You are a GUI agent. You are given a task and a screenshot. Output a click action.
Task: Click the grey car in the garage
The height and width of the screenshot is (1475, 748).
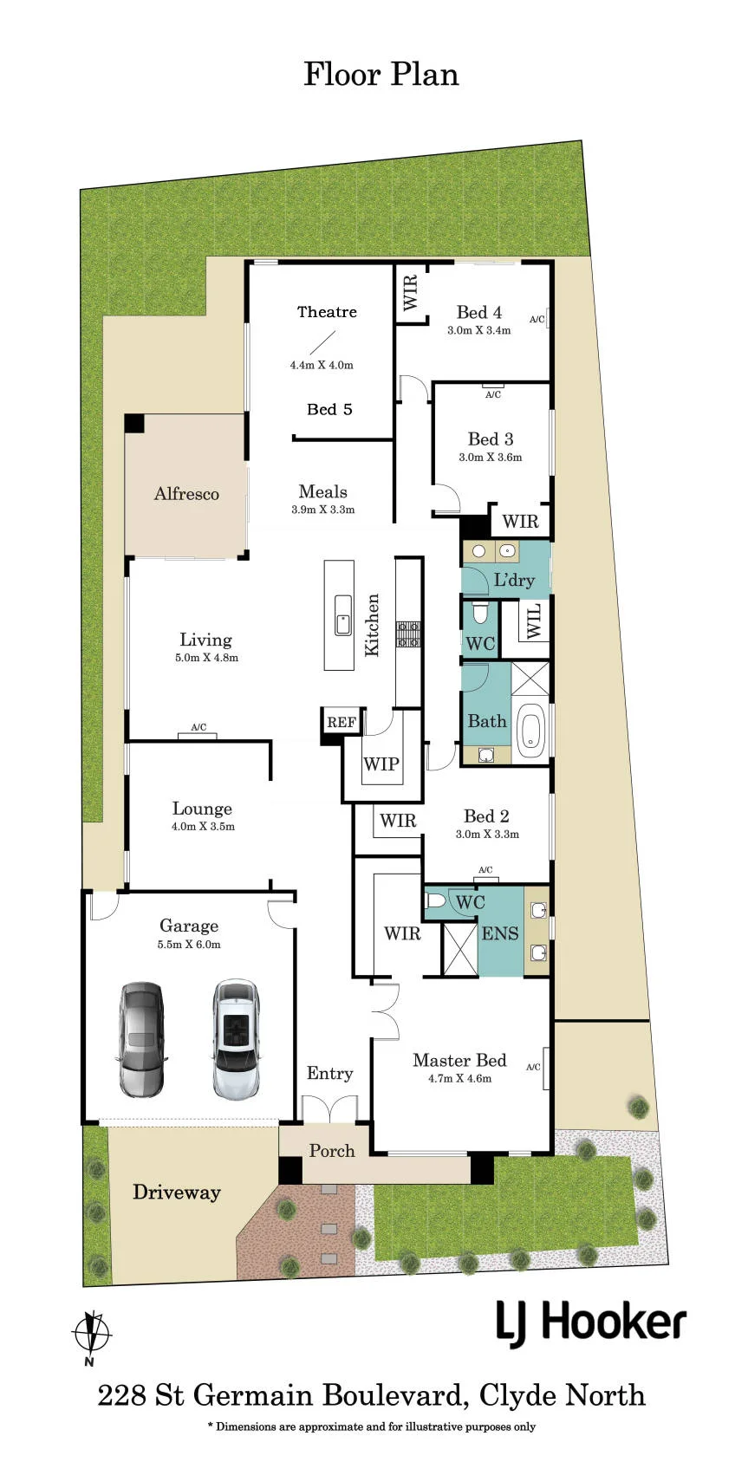tap(141, 1040)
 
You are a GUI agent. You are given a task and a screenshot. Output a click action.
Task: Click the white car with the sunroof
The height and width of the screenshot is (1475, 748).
tap(237, 1038)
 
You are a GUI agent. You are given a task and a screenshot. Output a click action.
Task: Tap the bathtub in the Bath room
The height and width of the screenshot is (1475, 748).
tap(530, 731)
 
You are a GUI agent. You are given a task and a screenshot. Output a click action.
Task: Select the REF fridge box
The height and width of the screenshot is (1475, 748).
tap(341, 723)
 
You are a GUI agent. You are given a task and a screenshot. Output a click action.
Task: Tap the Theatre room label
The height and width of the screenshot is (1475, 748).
tap(327, 312)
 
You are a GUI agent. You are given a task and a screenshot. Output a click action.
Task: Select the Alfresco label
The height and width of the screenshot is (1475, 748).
tap(186, 494)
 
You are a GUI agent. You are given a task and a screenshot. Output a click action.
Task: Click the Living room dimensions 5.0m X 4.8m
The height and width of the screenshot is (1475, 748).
tap(207, 657)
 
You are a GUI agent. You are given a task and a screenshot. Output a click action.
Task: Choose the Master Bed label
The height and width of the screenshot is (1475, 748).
tap(459, 1060)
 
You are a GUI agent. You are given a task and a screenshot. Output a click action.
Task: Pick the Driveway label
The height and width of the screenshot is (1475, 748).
tap(177, 1192)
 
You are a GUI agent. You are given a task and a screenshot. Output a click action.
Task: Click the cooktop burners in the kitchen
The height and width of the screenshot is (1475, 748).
tap(408, 634)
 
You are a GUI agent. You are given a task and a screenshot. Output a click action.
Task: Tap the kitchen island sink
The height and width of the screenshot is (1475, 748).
tap(342, 615)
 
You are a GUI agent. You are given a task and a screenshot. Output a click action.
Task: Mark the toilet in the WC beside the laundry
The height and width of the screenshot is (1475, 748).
tap(480, 614)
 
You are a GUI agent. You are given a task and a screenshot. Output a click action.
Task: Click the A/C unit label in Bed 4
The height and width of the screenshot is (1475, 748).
tap(537, 320)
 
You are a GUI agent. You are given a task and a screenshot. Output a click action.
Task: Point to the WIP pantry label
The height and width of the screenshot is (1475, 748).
tap(381, 763)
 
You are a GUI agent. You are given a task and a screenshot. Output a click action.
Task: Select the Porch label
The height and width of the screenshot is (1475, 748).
tap(332, 1150)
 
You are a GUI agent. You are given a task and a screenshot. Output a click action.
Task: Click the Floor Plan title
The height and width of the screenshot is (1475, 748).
tap(381, 74)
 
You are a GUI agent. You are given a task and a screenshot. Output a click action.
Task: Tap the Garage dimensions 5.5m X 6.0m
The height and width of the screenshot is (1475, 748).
tap(189, 945)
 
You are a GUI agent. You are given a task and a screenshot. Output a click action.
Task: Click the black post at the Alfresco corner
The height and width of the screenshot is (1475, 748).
tap(134, 423)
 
